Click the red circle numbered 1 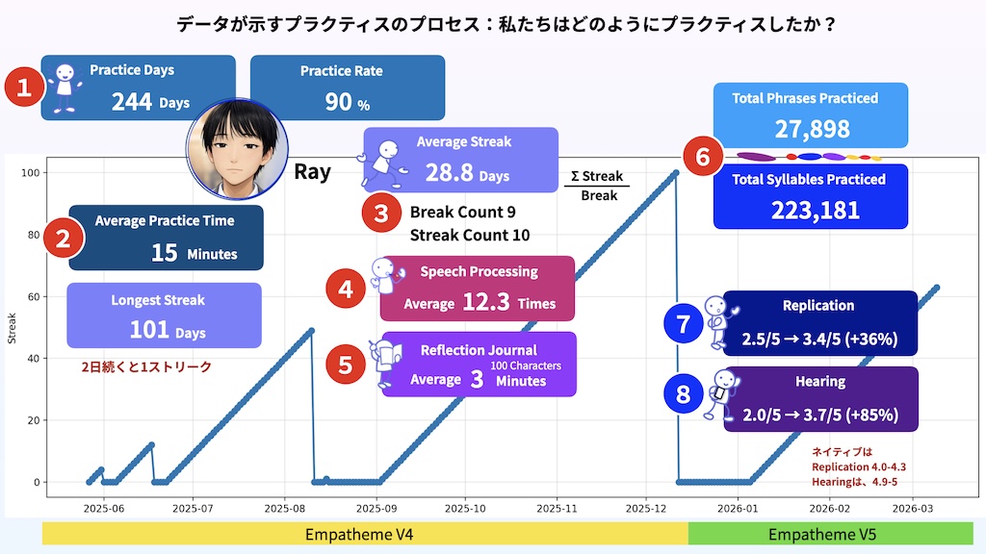pyautogui.click(x=24, y=87)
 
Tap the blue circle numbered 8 pyautogui.click(x=683, y=394)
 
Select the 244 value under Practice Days pyautogui.click(x=132, y=102)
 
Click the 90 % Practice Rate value pyautogui.click(x=347, y=102)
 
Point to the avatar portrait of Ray pyautogui.click(x=237, y=149)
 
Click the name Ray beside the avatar pyautogui.click(x=313, y=171)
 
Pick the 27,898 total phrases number pyautogui.click(x=812, y=129)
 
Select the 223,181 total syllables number pyautogui.click(x=815, y=211)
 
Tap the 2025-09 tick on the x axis pyautogui.click(x=376, y=509)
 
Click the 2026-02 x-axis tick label pyautogui.click(x=829, y=509)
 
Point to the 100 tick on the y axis pyautogui.click(x=30, y=173)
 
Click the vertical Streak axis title pyautogui.click(x=12, y=329)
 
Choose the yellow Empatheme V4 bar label pyautogui.click(x=359, y=535)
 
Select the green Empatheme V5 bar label pyautogui.click(x=822, y=535)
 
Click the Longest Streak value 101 pyautogui.click(x=149, y=330)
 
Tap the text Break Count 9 pyautogui.click(x=463, y=213)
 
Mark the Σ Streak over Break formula pyautogui.click(x=597, y=186)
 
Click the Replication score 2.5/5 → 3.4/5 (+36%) pyautogui.click(x=819, y=340)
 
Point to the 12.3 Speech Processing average pyautogui.click(x=486, y=302)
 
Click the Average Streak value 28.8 pyautogui.click(x=449, y=173)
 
